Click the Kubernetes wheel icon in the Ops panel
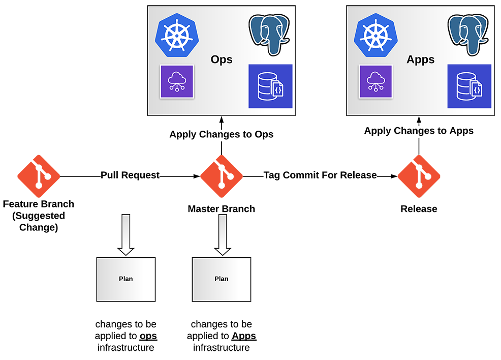tap(176, 35)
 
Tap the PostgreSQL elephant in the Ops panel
tap(269, 35)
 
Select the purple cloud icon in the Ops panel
tap(177, 81)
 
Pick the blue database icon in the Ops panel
tap(270, 86)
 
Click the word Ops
tap(222, 59)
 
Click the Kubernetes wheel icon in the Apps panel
tap(375, 35)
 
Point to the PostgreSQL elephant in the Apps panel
tap(468, 35)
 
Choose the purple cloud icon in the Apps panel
tap(375, 81)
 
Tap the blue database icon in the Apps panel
tap(469, 86)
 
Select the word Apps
tap(420, 59)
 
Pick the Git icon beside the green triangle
tap(221, 176)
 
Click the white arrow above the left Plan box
tap(126, 234)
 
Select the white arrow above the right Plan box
tap(222, 234)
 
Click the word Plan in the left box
tap(126, 279)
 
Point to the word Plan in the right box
tap(222, 279)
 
